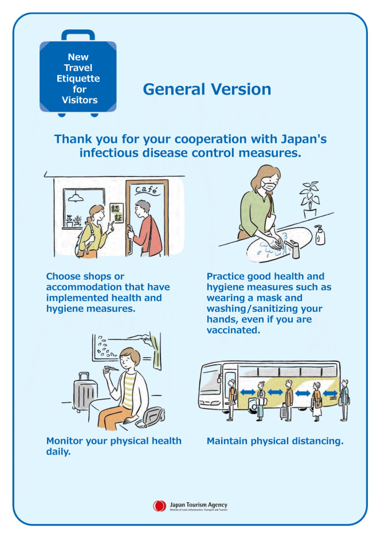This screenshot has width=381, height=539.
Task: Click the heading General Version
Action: click(x=207, y=89)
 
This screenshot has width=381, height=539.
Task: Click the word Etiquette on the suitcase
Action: click(x=78, y=79)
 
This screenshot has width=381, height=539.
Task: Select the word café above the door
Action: click(x=147, y=189)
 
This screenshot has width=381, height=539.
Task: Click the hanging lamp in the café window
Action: click(x=76, y=197)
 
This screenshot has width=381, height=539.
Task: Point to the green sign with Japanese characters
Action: click(x=117, y=213)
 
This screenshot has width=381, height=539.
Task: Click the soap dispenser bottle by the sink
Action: click(x=320, y=235)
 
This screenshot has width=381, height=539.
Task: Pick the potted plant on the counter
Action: click(x=309, y=200)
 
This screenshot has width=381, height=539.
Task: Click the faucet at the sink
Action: click(x=292, y=249)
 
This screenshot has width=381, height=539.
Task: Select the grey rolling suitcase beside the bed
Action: click(x=84, y=392)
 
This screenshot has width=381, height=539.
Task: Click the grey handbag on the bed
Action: click(x=151, y=417)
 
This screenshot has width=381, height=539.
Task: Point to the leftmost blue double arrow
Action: click(x=248, y=392)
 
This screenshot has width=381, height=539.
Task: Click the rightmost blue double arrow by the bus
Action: click(x=330, y=393)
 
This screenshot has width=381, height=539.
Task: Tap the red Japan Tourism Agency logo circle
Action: click(x=159, y=506)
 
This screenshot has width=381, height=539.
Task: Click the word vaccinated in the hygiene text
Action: click(x=233, y=330)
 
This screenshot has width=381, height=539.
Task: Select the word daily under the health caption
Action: click(x=58, y=452)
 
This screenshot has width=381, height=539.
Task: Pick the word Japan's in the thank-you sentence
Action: click(x=304, y=139)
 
